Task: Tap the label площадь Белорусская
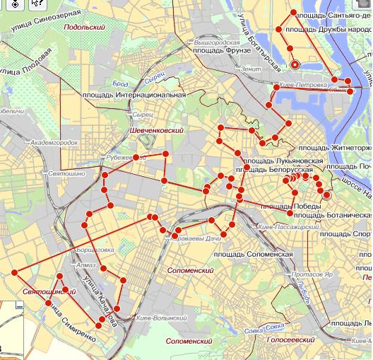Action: click(274, 170)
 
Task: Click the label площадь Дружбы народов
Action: click(331, 30)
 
